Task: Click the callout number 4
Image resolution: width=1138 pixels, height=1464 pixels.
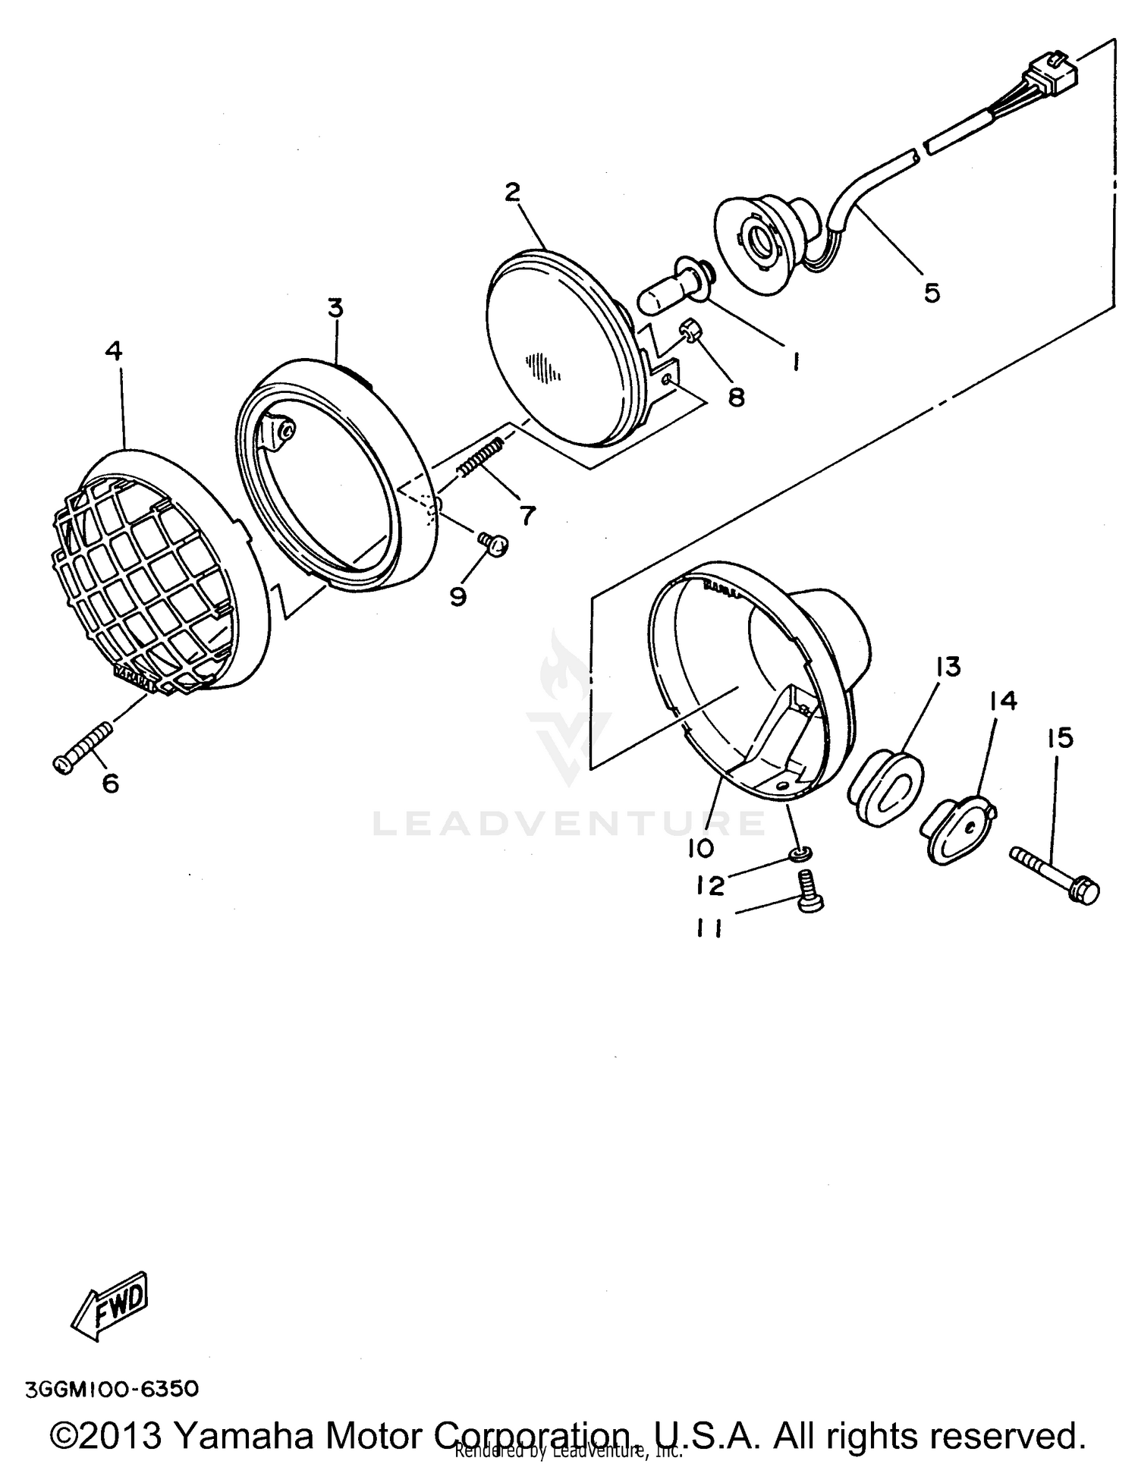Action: click(114, 350)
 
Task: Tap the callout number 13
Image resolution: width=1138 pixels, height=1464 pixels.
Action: click(948, 668)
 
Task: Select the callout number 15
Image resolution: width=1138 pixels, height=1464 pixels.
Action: click(1060, 737)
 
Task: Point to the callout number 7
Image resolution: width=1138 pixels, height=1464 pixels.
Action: click(526, 516)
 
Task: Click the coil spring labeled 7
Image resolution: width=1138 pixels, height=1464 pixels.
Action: click(480, 457)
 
